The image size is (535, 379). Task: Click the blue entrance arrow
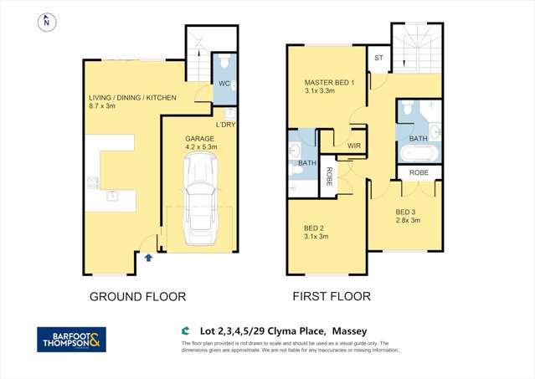148,258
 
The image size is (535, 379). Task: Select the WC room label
224,85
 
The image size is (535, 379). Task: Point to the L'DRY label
226,125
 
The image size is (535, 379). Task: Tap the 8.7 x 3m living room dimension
105,107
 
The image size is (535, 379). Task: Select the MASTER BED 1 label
330,82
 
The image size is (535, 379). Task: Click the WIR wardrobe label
353,145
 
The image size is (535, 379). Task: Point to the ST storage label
378,58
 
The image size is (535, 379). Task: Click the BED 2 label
316,227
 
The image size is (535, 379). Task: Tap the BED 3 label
407,212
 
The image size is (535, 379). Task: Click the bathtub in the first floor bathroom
417,152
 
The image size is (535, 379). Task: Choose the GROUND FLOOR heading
137,296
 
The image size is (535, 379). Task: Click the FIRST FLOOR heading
331,296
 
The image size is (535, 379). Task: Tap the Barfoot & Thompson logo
73,339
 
